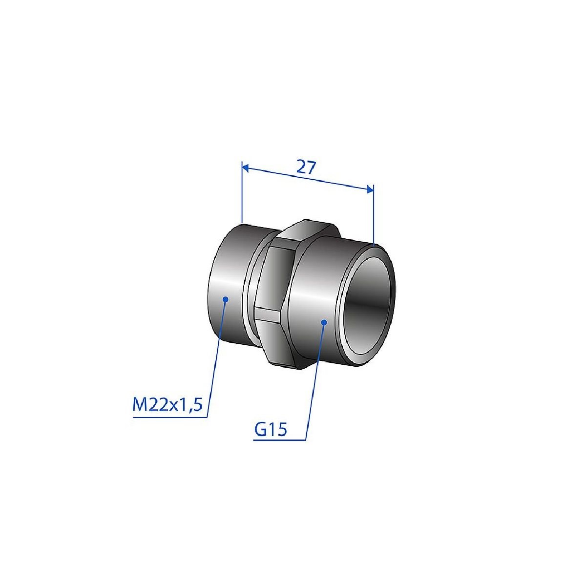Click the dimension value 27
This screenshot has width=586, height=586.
pyautogui.click(x=306, y=168)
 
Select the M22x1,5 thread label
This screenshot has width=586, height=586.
pyautogui.click(x=167, y=405)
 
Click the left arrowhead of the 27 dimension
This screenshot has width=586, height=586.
pyautogui.click(x=245, y=168)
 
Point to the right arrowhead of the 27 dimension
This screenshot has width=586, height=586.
pyautogui.click(x=370, y=189)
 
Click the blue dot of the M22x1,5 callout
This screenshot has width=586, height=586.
pyautogui.click(x=225, y=299)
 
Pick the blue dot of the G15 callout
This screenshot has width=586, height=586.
pyautogui.click(x=324, y=322)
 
